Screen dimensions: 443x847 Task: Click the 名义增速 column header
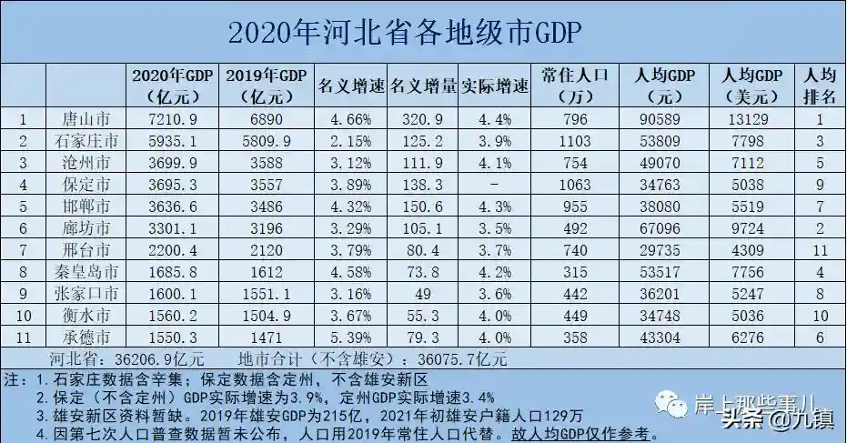tap(350, 87)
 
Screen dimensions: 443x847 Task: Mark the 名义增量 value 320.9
tap(422, 118)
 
